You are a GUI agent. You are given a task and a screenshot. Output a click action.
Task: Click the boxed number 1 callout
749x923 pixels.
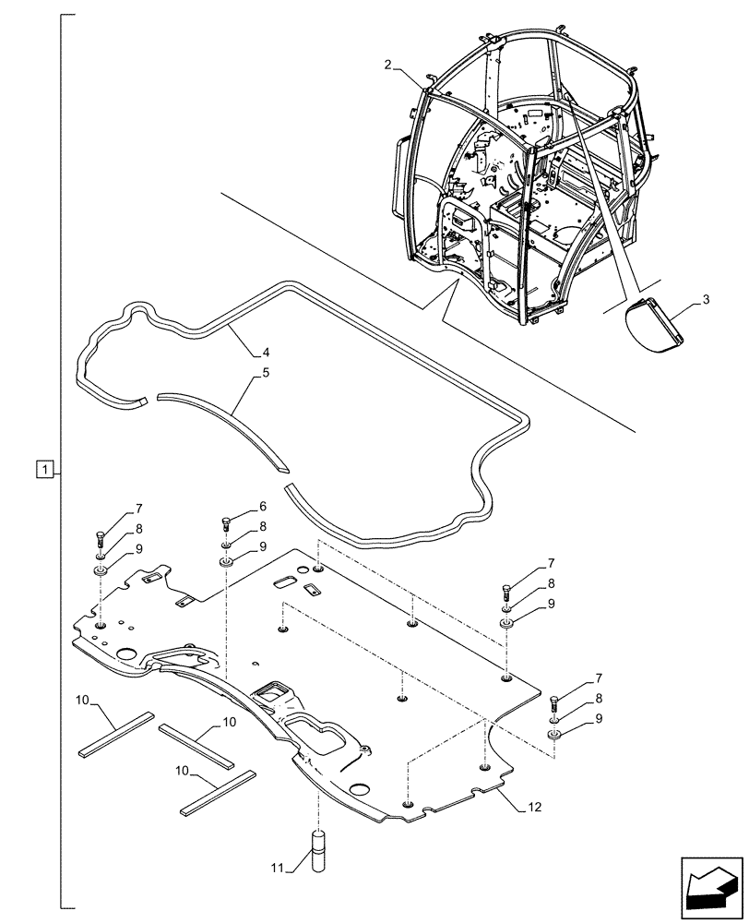click(43, 469)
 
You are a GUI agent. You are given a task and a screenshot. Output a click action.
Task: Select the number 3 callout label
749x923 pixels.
click(706, 301)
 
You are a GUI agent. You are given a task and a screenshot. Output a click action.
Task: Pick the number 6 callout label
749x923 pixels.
click(263, 507)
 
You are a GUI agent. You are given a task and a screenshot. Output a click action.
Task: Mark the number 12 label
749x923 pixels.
click(533, 808)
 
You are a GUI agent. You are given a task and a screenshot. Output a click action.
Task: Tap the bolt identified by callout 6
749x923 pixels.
click(226, 525)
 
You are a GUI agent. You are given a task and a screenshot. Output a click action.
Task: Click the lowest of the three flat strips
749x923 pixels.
click(215, 791)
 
